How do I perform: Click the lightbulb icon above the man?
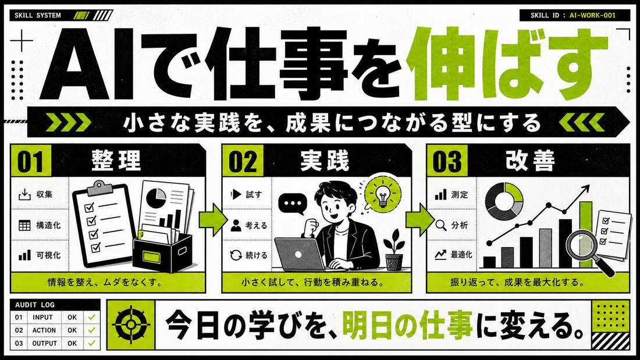(x=383, y=194)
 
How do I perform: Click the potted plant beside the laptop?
(x=393, y=250)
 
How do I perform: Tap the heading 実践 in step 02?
(x=325, y=161)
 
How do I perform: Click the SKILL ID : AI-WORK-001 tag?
(x=573, y=15)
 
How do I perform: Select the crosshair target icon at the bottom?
(x=130, y=325)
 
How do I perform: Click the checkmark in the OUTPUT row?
(x=91, y=343)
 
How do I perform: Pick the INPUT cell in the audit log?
(x=43, y=317)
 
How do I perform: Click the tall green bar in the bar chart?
(x=586, y=235)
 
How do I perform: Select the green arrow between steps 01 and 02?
(x=213, y=221)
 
